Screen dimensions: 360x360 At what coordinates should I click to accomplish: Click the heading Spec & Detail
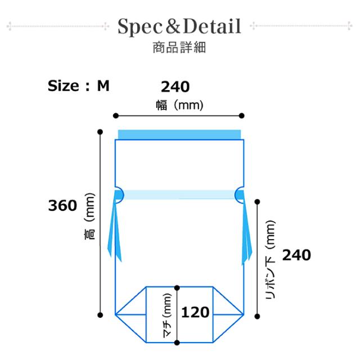tap(179, 26)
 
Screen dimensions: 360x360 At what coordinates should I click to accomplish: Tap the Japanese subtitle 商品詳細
tap(179, 47)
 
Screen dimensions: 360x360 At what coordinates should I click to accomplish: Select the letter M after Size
tap(103, 86)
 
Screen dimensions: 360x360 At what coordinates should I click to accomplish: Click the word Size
tap(63, 86)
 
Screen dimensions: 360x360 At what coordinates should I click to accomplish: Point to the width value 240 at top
tap(175, 87)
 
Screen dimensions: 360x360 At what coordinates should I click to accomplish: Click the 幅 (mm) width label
tap(179, 105)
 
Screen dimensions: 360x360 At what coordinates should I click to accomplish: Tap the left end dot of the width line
tap(116, 115)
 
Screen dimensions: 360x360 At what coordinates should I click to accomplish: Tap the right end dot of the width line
tap(241, 115)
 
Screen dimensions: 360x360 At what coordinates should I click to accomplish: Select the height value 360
tap(62, 205)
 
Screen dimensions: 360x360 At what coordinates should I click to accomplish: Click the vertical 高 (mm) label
tap(89, 216)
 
